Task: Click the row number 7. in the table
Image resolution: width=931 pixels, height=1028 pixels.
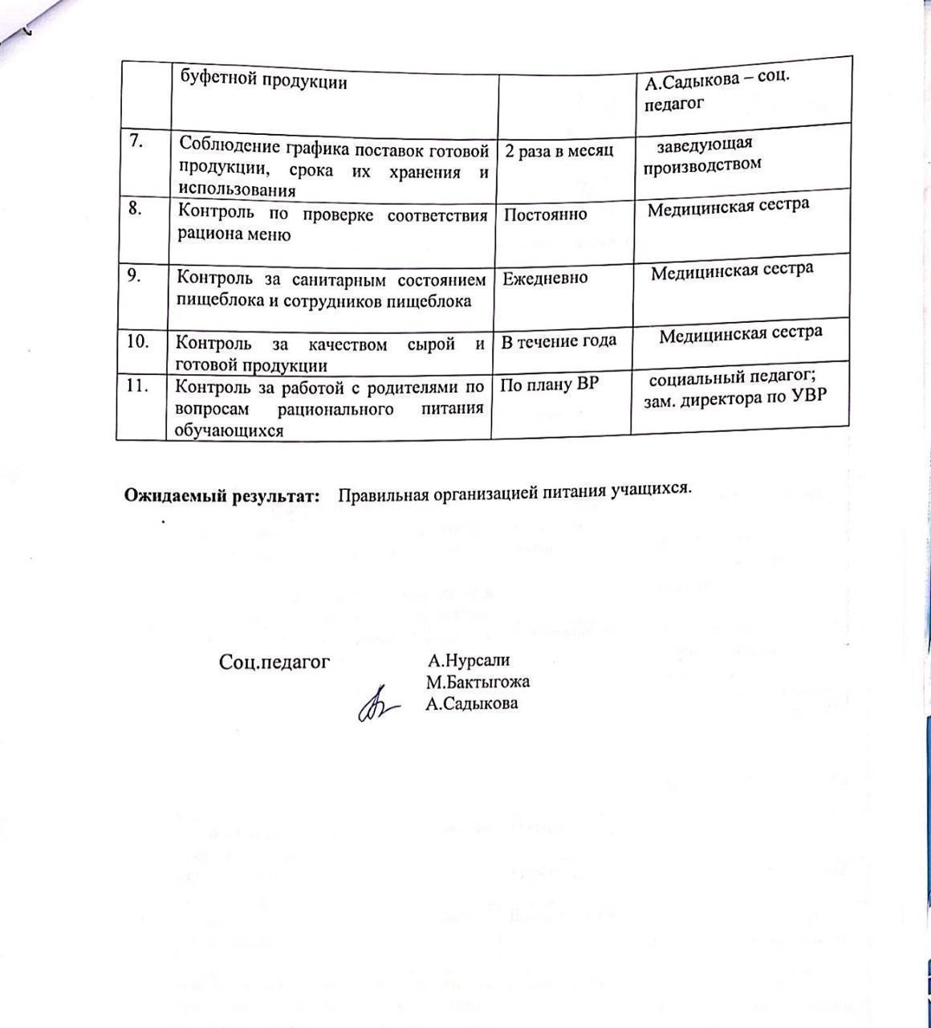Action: point(136,141)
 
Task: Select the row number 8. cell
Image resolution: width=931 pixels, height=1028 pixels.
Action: point(136,208)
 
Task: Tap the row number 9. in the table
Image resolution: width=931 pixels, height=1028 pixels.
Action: point(135,275)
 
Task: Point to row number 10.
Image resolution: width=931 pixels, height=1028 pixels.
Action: point(139,341)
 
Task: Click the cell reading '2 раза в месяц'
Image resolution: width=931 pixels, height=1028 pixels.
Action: point(559,151)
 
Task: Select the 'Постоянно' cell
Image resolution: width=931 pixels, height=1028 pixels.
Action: point(545,214)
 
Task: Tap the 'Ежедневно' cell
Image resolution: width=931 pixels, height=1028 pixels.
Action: point(545,278)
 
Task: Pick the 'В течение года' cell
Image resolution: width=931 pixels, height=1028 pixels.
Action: point(559,341)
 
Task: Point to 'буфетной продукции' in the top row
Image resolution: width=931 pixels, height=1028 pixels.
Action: point(263,81)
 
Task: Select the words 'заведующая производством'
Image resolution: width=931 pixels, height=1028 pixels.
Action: point(702,153)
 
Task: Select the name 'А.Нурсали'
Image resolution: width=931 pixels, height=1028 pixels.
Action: point(469,661)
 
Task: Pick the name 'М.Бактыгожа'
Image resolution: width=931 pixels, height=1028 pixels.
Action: point(478,683)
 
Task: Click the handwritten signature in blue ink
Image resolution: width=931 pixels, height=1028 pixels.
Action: point(377,705)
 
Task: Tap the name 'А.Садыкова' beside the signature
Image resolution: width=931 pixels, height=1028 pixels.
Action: point(472,704)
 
